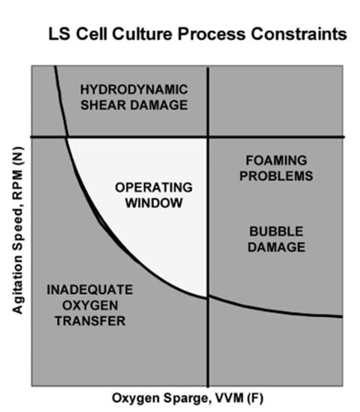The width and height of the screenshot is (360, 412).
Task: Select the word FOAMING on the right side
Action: pyautogui.click(x=276, y=161)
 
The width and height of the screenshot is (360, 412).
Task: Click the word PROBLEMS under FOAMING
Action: pyautogui.click(x=276, y=176)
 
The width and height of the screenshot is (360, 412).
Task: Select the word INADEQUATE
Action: pyautogui.click(x=90, y=291)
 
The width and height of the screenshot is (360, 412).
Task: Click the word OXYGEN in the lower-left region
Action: pyautogui.click(x=90, y=307)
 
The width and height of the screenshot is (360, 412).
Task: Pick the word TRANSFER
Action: pyautogui.click(x=90, y=322)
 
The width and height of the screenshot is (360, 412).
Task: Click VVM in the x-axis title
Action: pyautogui.click(x=225, y=398)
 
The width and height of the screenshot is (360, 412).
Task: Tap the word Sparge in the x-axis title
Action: pyautogui.click(x=180, y=398)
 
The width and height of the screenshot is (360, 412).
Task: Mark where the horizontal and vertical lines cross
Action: pyautogui.click(x=207, y=137)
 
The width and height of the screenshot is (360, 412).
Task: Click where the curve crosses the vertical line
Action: pyautogui.click(x=207, y=297)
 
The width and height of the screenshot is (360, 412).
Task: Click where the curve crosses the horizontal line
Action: pyautogui.click(x=68, y=137)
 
